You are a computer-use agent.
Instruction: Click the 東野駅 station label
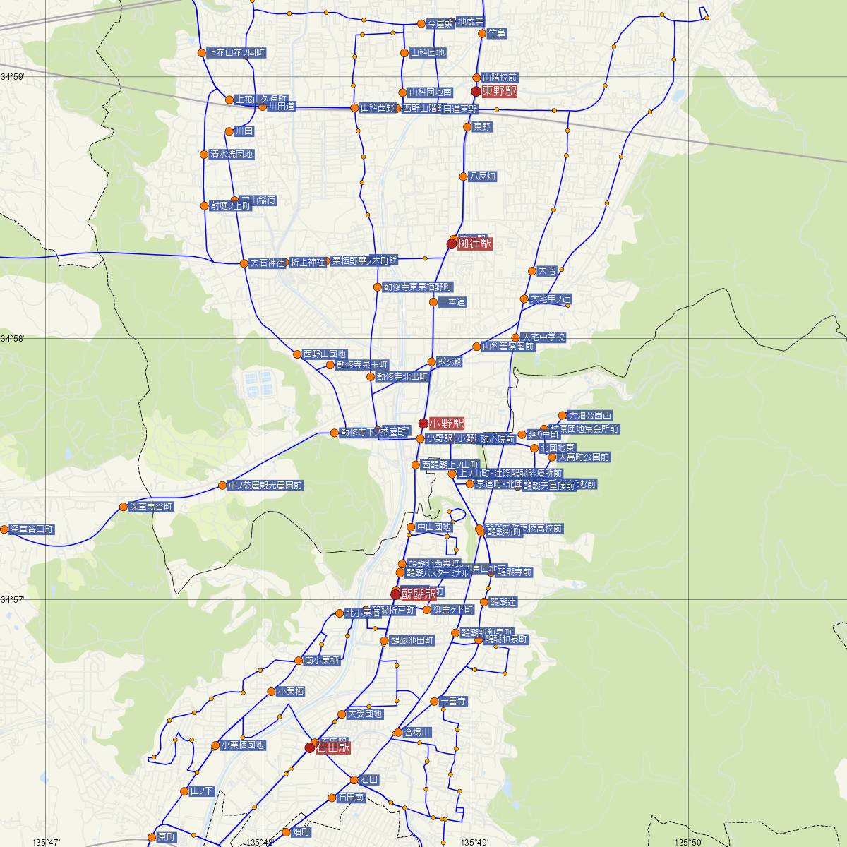[x=500, y=92]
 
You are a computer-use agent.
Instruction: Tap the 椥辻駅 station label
[x=475, y=244]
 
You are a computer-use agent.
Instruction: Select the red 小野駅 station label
[x=447, y=423]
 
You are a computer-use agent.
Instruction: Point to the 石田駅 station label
[x=334, y=747]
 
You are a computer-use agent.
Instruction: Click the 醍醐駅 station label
[x=419, y=595]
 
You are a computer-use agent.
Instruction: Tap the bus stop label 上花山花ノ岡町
[x=236, y=52]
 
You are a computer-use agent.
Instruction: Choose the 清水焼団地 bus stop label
[x=232, y=154]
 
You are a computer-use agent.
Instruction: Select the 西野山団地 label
[x=325, y=354]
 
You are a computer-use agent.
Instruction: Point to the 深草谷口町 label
[x=32, y=529]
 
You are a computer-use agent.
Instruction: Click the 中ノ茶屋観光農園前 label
[x=265, y=486]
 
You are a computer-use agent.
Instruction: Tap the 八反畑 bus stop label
[x=483, y=176]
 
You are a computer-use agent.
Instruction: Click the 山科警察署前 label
[x=508, y=347]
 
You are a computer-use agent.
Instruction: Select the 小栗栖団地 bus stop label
[x=243, y=745]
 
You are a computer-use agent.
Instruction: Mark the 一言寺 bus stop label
[x=453, y=702]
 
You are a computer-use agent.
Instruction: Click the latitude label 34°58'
[x=12, y=340]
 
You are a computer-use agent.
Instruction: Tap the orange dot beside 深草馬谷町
[x=124, y=507]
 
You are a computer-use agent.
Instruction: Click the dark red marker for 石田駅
[x=310, y=747]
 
